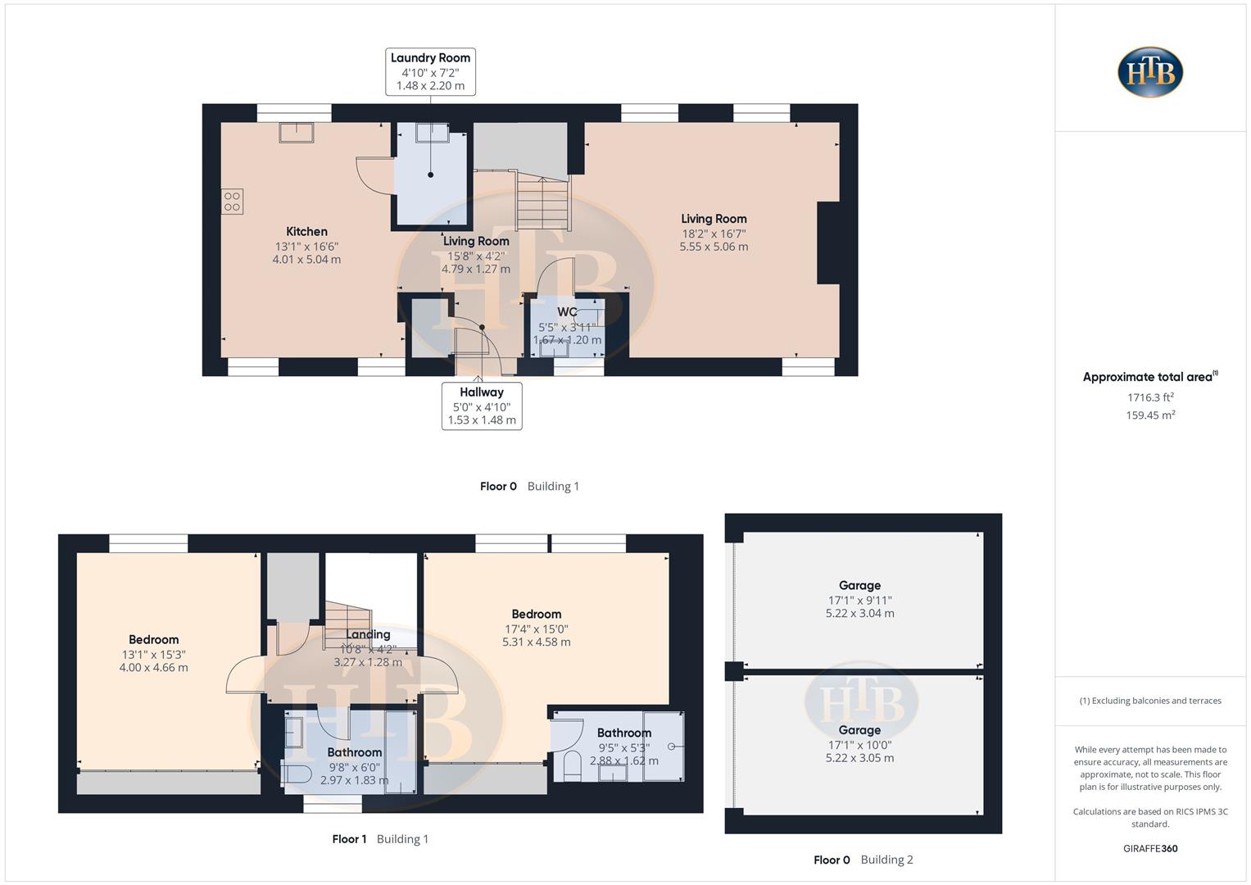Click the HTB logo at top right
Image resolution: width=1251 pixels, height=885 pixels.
coord(1149,72)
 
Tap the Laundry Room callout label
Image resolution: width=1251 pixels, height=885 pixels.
coord(430,71)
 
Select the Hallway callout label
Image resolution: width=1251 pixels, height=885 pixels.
coord(482,406)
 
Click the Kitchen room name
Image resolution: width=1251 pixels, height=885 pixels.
coord(306,232)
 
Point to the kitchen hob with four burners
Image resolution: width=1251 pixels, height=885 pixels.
coord(232,202)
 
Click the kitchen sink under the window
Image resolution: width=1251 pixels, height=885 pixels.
coord(296,132)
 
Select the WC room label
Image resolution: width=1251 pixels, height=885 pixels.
coord(567,312)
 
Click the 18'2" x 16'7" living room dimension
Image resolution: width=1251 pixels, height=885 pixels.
coord(713,233)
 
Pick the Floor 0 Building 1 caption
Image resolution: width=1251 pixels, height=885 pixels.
coord(529,486)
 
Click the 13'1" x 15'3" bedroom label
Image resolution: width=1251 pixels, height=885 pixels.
coord(153,654)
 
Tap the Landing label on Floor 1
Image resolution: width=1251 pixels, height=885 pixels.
coord(368,634)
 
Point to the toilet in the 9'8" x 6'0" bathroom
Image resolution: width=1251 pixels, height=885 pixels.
coord(295,773)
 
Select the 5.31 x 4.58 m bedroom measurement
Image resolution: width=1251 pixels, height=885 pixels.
coord(536,642)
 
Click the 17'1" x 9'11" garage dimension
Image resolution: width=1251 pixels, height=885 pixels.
coord(859,600)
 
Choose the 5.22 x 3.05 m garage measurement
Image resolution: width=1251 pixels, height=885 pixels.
coord(859,758)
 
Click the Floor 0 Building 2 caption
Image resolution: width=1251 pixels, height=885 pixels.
coord(863,860)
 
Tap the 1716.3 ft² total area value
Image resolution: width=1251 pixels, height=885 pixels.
coord(1149,397)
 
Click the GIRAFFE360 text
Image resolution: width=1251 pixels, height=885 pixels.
coord(1150,848)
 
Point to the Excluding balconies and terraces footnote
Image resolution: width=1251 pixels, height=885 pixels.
coord(1150,701)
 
